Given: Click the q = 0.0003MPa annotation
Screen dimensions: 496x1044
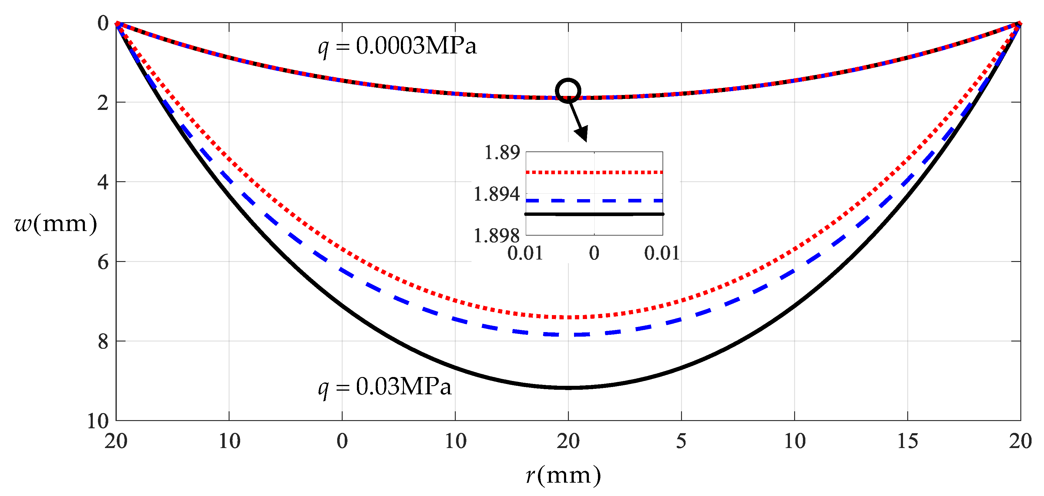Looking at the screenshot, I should point(397,46).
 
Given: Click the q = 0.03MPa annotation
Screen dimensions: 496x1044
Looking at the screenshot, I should point(384,387).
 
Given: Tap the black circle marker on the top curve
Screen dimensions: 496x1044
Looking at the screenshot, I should point(568,91).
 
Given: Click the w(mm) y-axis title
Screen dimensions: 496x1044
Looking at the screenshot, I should point(55,223).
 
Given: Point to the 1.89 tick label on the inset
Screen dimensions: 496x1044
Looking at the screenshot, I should point(502,153).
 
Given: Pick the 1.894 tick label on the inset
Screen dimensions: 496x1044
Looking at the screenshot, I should point(496,194).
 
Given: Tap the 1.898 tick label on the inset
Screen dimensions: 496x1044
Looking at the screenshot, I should point(496,236).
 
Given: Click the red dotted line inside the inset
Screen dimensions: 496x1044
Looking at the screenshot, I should point(594,172).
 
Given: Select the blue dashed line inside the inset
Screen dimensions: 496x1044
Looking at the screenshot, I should point(594,201).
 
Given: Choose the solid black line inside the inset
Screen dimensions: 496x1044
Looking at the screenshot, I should point(594,214).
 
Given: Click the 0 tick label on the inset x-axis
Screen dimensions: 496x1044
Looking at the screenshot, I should point(594,253).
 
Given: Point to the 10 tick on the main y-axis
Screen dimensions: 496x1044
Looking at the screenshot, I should point(98,421).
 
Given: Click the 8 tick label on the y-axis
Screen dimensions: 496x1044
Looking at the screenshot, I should point(103,341).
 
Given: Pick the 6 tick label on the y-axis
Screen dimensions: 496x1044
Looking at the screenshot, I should point(103,262).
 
